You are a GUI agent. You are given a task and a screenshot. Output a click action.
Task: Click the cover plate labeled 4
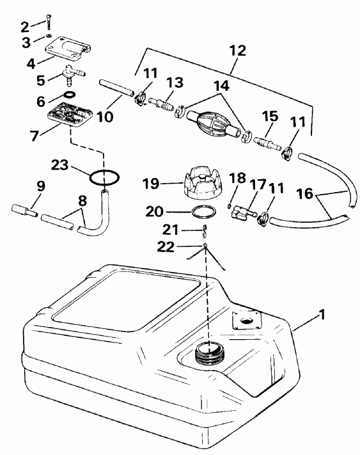coord(67,47)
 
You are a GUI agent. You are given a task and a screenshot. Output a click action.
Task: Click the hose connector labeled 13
coord(164,102)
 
